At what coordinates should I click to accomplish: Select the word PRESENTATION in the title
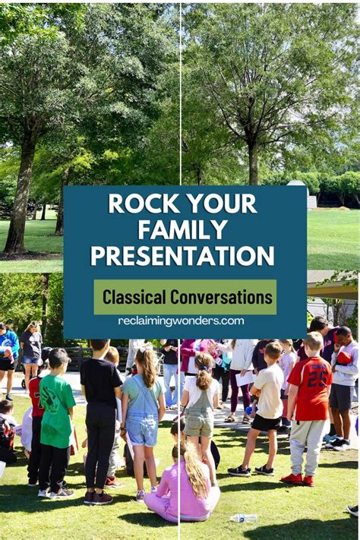tap(182, 255)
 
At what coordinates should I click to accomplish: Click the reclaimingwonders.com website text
tap(181, 321)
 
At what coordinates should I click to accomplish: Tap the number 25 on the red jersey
tap(318, 377)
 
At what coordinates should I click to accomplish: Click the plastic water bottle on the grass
tap(243, 518)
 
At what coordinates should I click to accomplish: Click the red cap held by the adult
tap(344, 358)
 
